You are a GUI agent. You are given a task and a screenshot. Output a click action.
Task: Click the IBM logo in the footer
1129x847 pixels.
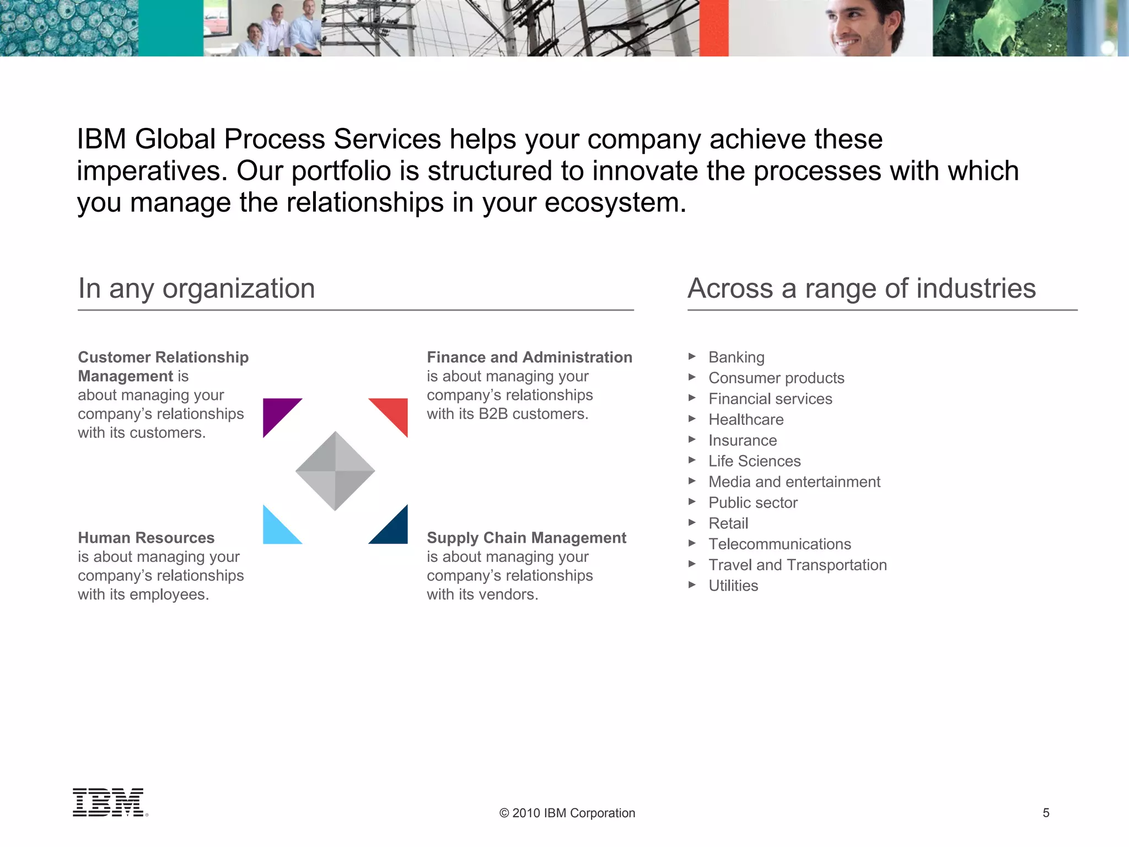(x=109, y=802)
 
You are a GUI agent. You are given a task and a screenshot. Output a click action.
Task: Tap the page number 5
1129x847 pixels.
(x=1046, y=813)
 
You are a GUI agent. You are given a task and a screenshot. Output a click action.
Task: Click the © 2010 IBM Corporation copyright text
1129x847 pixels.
(x=567, y=813)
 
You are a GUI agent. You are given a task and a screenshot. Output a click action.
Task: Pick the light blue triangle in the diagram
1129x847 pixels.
(x=276, y=530)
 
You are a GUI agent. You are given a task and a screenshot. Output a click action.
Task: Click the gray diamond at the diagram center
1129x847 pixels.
(x=335, y=471)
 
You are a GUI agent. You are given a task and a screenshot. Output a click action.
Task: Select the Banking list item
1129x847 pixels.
(x=736, y=357)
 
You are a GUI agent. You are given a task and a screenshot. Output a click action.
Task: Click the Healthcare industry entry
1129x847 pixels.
(x=746, y=420)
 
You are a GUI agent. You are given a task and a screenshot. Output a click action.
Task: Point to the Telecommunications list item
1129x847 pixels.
(x=779, y=544)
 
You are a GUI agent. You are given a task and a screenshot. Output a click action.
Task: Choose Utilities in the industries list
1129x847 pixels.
(x=733, y=586)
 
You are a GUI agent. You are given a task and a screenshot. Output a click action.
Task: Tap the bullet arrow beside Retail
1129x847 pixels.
(x=692, y=523)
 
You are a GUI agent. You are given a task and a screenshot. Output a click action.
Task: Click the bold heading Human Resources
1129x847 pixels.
(x=146, y=538)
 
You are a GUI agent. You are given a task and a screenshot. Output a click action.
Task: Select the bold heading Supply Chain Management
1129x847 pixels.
(x=526, y=538)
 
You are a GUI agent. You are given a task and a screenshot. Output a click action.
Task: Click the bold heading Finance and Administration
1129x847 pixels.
(x=529, y=357)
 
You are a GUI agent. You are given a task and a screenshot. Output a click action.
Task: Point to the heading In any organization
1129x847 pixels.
(x=196, y=288)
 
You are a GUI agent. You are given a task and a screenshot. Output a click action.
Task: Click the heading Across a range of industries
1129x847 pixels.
(x=862, y=288)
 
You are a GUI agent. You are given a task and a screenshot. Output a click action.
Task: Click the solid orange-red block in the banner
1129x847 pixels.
(x=714, y=28)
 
